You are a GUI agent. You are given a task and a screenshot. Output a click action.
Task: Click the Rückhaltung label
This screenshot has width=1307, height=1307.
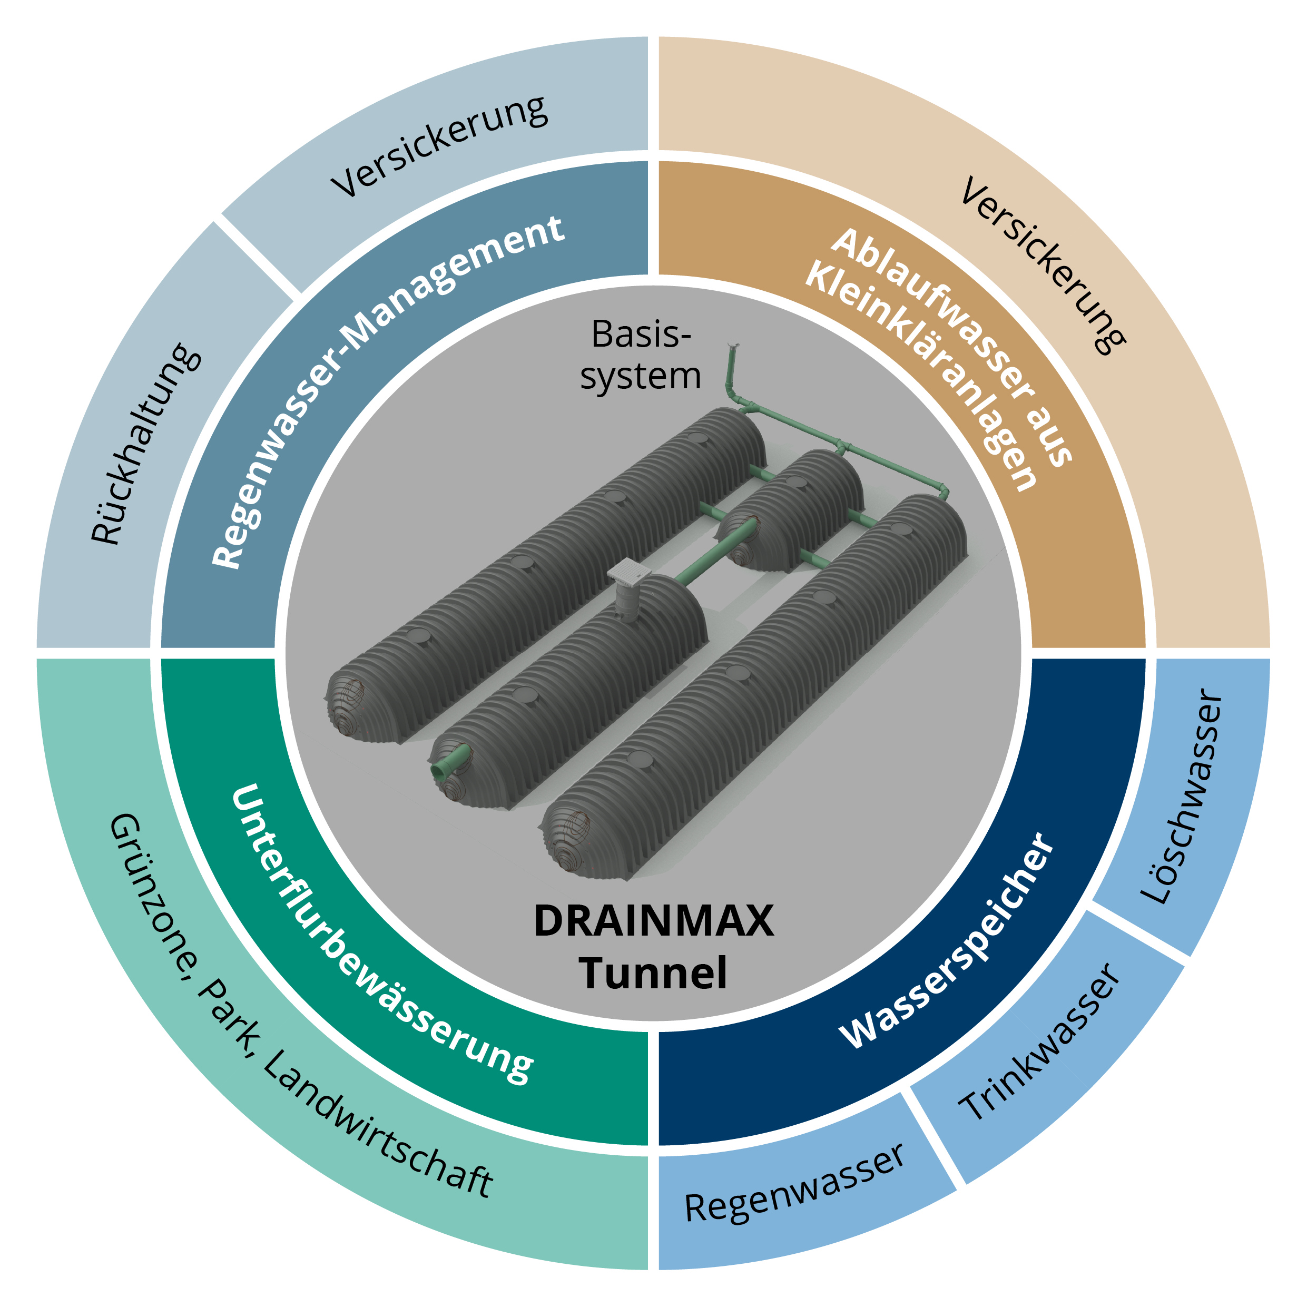coord(146,445)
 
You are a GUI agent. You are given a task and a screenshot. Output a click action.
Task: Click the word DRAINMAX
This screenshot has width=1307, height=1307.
coord(653,921)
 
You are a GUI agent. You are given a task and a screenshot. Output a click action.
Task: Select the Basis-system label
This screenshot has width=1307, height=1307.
coord(640,355)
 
